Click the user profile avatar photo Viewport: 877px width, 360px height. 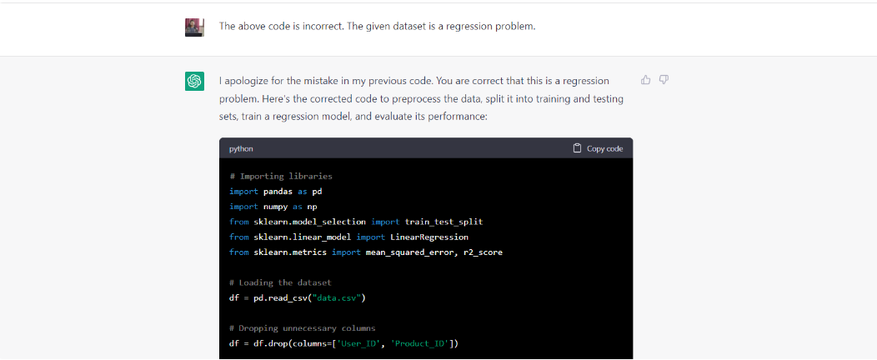(x=194, y=27)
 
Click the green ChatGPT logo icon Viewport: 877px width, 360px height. (x=194, y=81)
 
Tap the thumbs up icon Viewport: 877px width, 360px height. (x=646, y=80)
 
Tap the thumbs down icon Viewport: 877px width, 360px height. (x=664, y=80)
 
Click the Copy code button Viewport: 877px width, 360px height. (x=598, y=148)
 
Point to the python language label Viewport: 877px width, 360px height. (x=241, y=149)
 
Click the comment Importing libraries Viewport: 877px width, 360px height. (x=281, y=177)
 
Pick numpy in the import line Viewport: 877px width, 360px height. (x=276, y=207)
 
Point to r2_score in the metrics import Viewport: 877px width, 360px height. (x=483, y=252)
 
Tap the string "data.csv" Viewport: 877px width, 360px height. (x=337, y=298)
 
